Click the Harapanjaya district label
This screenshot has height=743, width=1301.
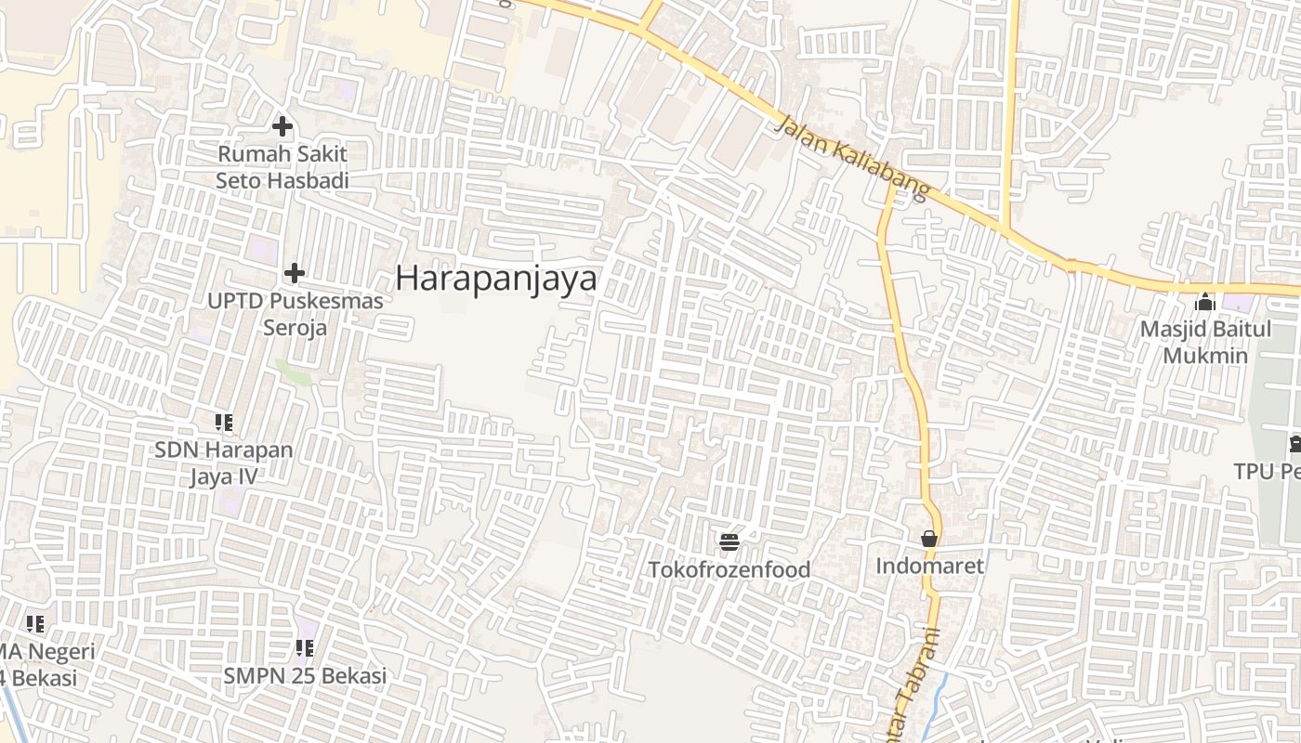point(496,278)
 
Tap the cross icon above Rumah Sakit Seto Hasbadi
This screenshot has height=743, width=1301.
point(283,126)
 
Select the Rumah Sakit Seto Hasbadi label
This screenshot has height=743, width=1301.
point(283,167)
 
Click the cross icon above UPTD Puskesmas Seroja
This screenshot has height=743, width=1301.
point(295,273)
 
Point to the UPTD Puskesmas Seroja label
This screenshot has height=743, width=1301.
point(295,314)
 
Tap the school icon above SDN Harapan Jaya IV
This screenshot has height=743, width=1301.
point(224,423)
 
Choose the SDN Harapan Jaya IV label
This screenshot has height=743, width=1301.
point(224,463)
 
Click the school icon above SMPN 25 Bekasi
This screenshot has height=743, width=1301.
point(305,647)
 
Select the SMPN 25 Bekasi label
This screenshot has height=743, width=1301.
point(305,675)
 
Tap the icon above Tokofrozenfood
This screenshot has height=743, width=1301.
point(729,541)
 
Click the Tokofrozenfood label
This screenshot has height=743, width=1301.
point(729,569)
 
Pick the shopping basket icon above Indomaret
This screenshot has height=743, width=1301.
point(928,539)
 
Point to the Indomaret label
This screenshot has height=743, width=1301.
point(929,565)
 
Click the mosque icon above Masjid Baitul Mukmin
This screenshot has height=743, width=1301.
point(1205,302)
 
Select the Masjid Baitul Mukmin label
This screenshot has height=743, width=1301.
point(1205,342)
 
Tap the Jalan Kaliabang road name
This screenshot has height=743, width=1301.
point(850,158)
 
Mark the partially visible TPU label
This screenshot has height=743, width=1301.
point(1267,472)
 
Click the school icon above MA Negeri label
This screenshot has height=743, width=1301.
point(35,624)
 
